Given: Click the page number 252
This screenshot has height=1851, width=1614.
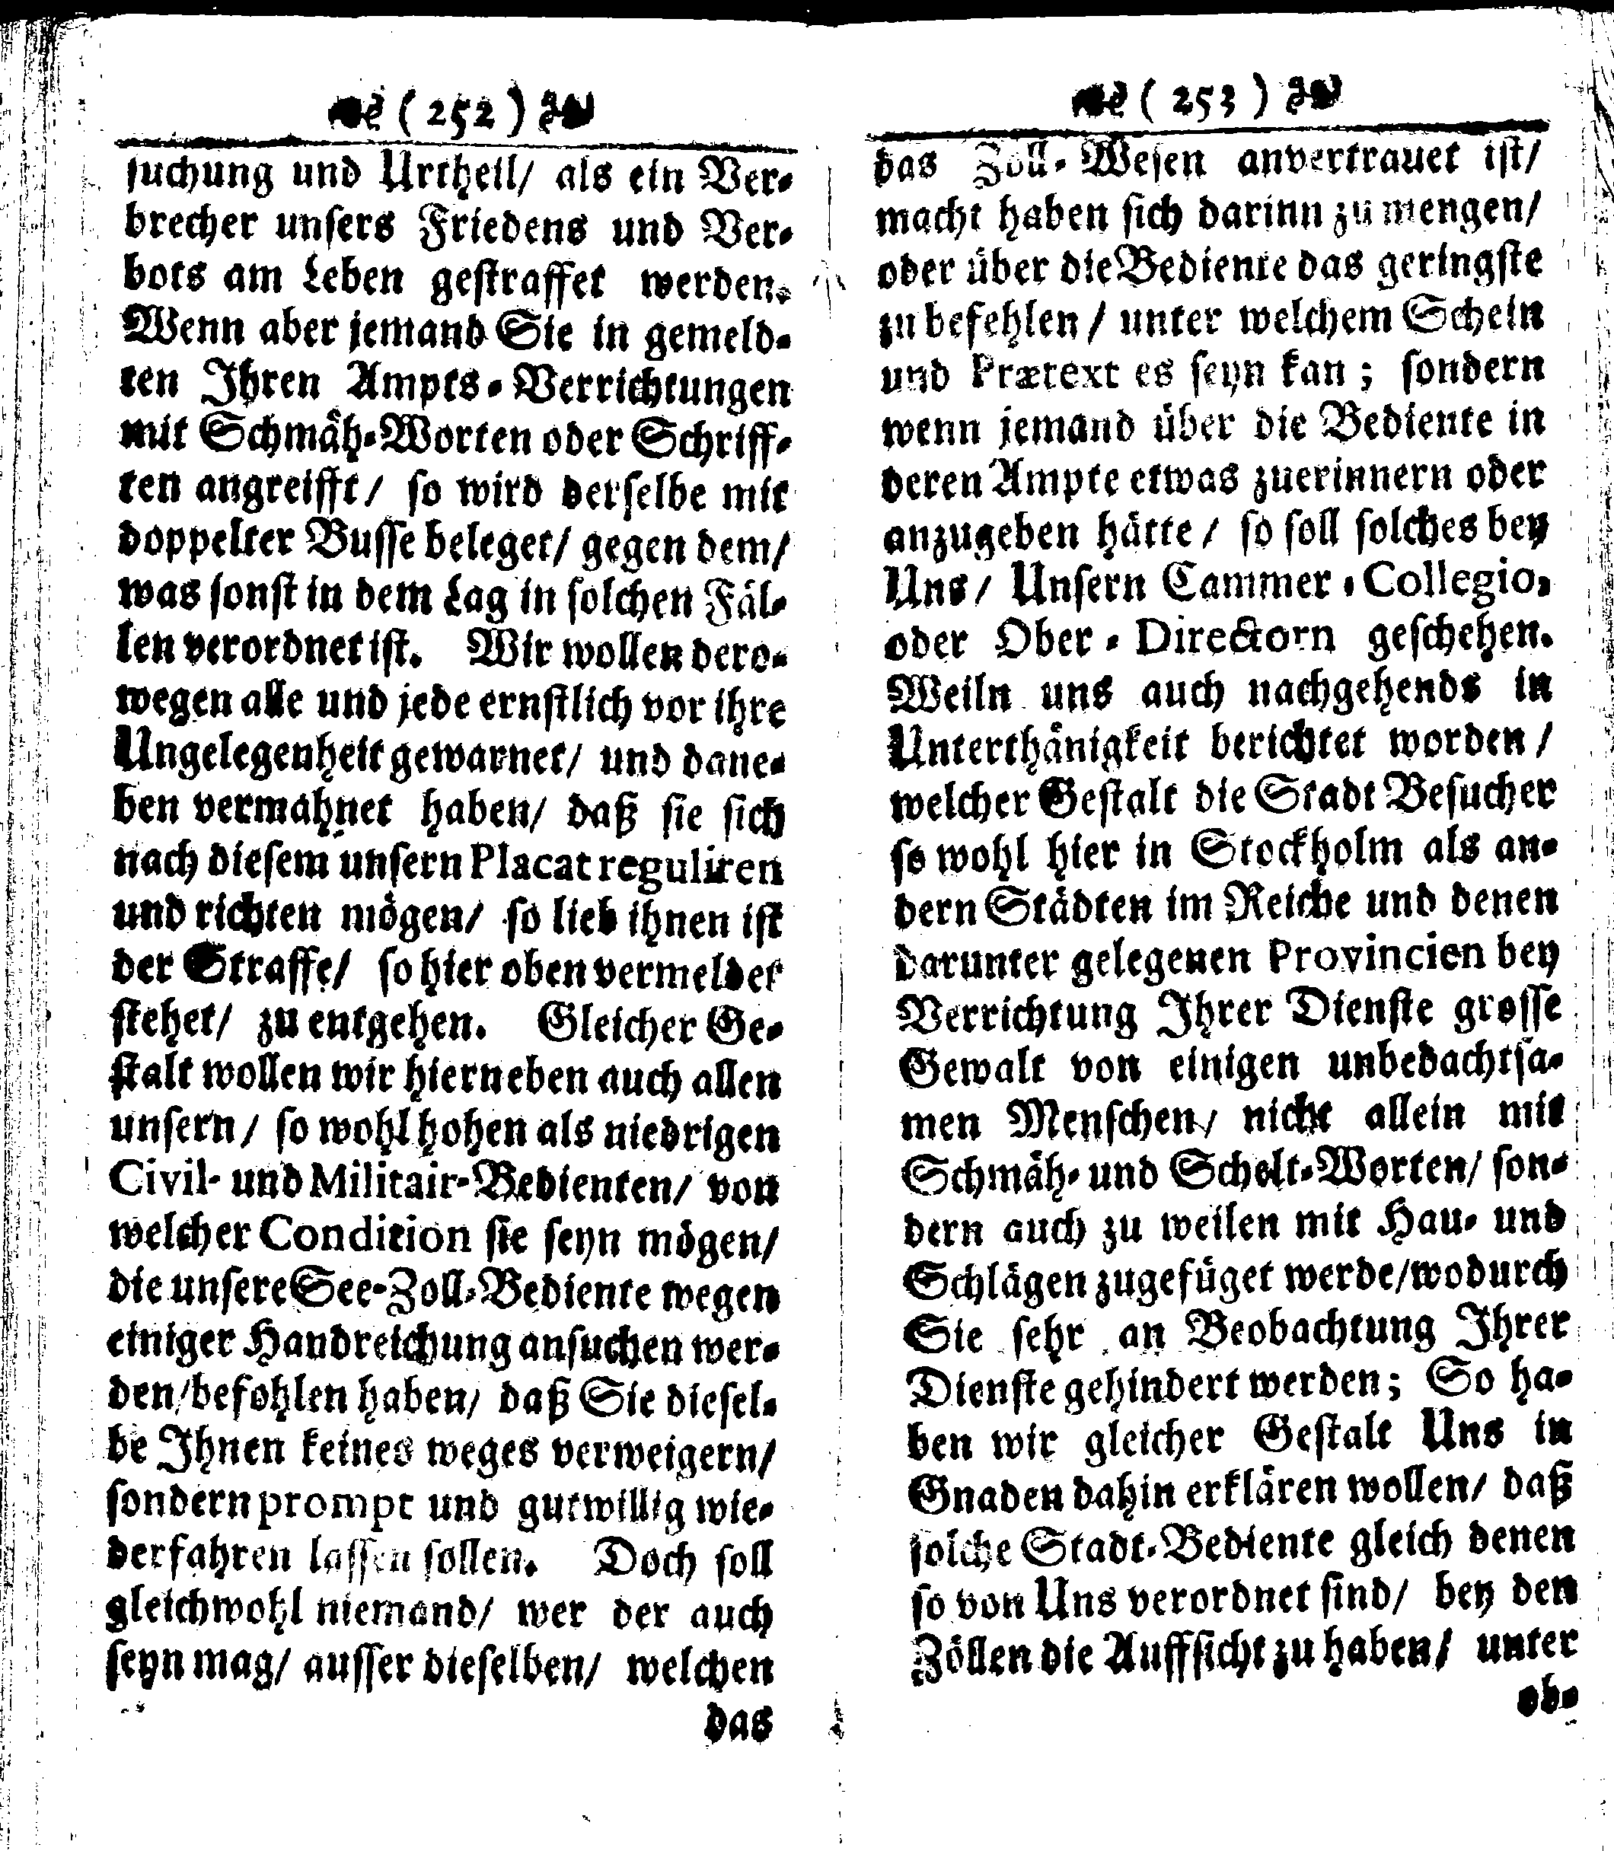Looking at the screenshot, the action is [484, 115].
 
